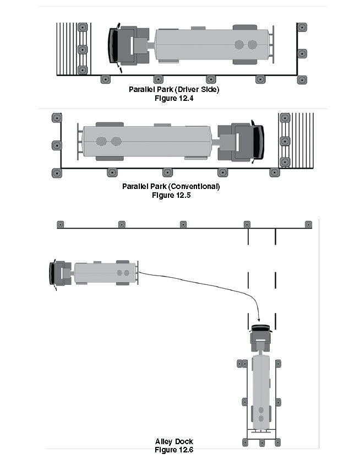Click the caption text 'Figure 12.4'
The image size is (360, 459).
point(174,98)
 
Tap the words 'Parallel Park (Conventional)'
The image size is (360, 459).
point(171,186)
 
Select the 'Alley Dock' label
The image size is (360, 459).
point(174,441)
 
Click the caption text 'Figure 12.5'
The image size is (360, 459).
point(171,195)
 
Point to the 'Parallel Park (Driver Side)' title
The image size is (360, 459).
point(174,90)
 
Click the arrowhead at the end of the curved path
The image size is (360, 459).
point(259,320)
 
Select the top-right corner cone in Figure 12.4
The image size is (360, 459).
point(302,28)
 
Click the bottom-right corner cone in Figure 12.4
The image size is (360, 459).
point(302,80)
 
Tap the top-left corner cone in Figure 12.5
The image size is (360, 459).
point(57,118)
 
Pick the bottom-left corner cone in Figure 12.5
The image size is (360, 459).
point(57,173)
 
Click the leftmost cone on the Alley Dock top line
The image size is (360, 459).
point(60,224)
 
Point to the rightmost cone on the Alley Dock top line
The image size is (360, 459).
point(308,224)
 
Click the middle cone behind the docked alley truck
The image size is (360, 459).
point(262,442)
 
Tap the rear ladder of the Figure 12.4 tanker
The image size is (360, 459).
point(272,45)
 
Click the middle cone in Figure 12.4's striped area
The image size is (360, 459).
point(83,50)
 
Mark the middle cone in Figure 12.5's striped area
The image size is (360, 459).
point(285,142)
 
